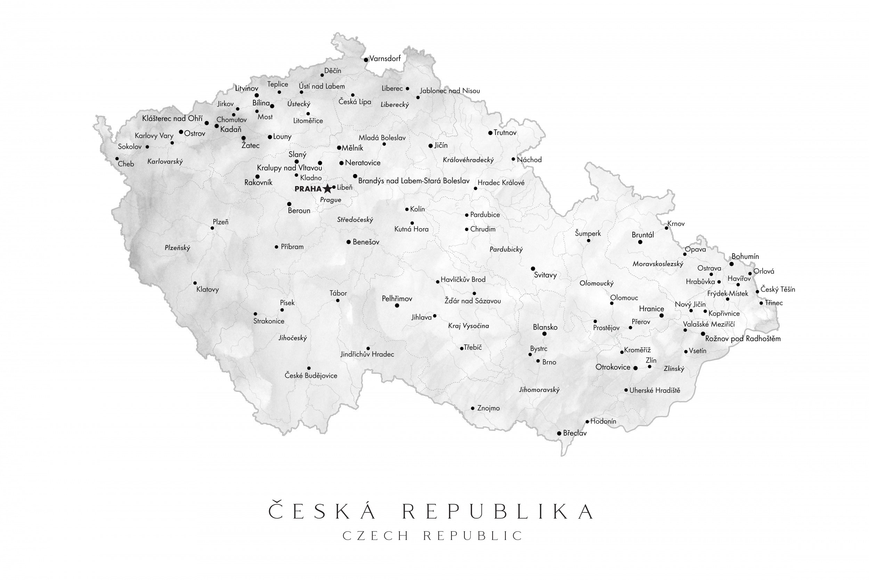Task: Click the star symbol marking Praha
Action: [327, 189]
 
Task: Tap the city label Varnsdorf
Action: [385, 58]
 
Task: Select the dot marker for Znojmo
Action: [472, 408]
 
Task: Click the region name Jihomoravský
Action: [539, 389]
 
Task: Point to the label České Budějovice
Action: [311, 376]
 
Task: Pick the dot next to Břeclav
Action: [559, 433]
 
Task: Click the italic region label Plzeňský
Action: [177, 248]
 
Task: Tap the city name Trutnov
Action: [505, 133]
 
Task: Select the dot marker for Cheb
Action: [117, 159]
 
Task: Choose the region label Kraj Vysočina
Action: [468, 326]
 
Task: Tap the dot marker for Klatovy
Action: [195, 283]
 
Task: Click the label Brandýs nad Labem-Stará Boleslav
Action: [413, 181]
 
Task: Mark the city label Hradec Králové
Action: [501, 183]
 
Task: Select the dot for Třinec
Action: [761, 303]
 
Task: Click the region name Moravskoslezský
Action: [658, 264]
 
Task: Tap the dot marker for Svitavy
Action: [533, 269]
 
